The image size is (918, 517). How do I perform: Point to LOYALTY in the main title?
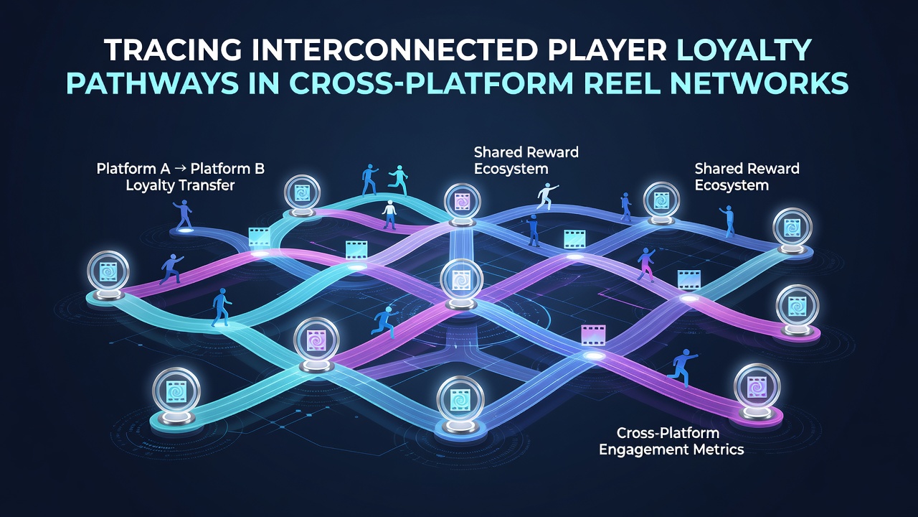coord(744,50)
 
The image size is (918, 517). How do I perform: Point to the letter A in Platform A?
coord(153,169)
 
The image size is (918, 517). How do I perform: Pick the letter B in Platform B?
coord(260,169)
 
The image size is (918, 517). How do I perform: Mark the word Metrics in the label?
coord(719,450)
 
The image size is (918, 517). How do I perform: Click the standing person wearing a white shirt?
coord(389,215)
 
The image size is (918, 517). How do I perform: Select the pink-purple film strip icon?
coord(593,335)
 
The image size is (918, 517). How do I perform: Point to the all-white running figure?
coord(546,196)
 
